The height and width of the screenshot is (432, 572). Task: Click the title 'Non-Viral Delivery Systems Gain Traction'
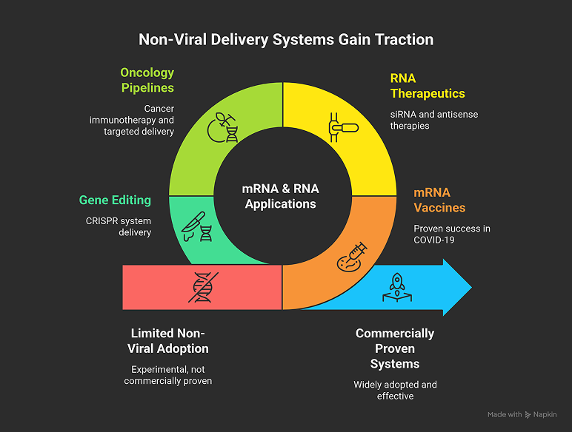click(x=286, y=38)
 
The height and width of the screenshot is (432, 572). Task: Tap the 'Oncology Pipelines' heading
click(x=147, y=80)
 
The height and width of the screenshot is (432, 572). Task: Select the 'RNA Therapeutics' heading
click(x=428, y=85)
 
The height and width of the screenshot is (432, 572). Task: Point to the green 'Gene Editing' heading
click(x=115, y=200)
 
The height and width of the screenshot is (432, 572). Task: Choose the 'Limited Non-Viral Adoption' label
click(x=170, y=340)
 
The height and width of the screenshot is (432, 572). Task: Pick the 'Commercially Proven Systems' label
click(x=395, y=348)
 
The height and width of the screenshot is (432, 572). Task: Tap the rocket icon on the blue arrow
click(x=397, y=287)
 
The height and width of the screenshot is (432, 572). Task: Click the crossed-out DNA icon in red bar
click(x=202, y=287)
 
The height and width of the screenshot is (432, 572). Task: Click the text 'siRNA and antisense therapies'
click(x=425, y=121)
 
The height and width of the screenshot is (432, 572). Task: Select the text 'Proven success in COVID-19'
click(x=452, y=234)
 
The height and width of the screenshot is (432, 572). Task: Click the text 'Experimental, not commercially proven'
click(x=171, y=376)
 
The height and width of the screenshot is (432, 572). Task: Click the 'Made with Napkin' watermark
click(x=522, y=415)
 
